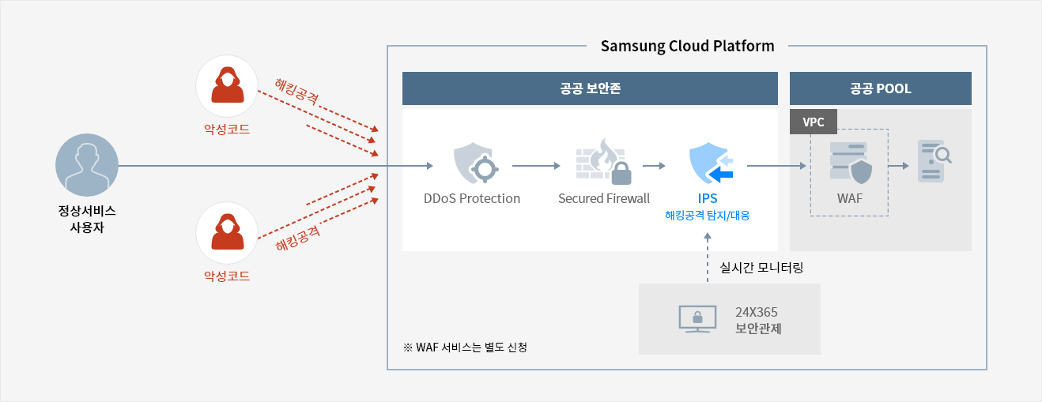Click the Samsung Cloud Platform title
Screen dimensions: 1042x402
point(687,46)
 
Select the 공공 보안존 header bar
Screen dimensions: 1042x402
point(590,88)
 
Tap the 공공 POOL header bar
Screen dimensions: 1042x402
point(880,88)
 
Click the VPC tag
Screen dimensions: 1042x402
point(814,122)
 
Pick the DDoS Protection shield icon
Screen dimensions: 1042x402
point(475,163)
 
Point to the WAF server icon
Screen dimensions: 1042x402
point(851,163)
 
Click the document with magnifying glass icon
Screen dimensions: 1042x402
point(934,161)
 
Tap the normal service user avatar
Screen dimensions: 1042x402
point(87,165)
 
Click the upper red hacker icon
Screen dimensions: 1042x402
point(227,86)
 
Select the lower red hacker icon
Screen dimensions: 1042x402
point(227,232)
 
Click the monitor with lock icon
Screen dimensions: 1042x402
point(697,319)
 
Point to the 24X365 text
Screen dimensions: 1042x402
point(757,312)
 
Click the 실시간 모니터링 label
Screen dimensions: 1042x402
point(761,268)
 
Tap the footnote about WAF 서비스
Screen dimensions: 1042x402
point(465,348)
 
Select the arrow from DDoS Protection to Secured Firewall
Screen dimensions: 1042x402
point(536,166)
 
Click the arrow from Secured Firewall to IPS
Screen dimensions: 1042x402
point(654,166)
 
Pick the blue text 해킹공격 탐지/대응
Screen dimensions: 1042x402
point(707,215)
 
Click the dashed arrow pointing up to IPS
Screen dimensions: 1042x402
point(708,257)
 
